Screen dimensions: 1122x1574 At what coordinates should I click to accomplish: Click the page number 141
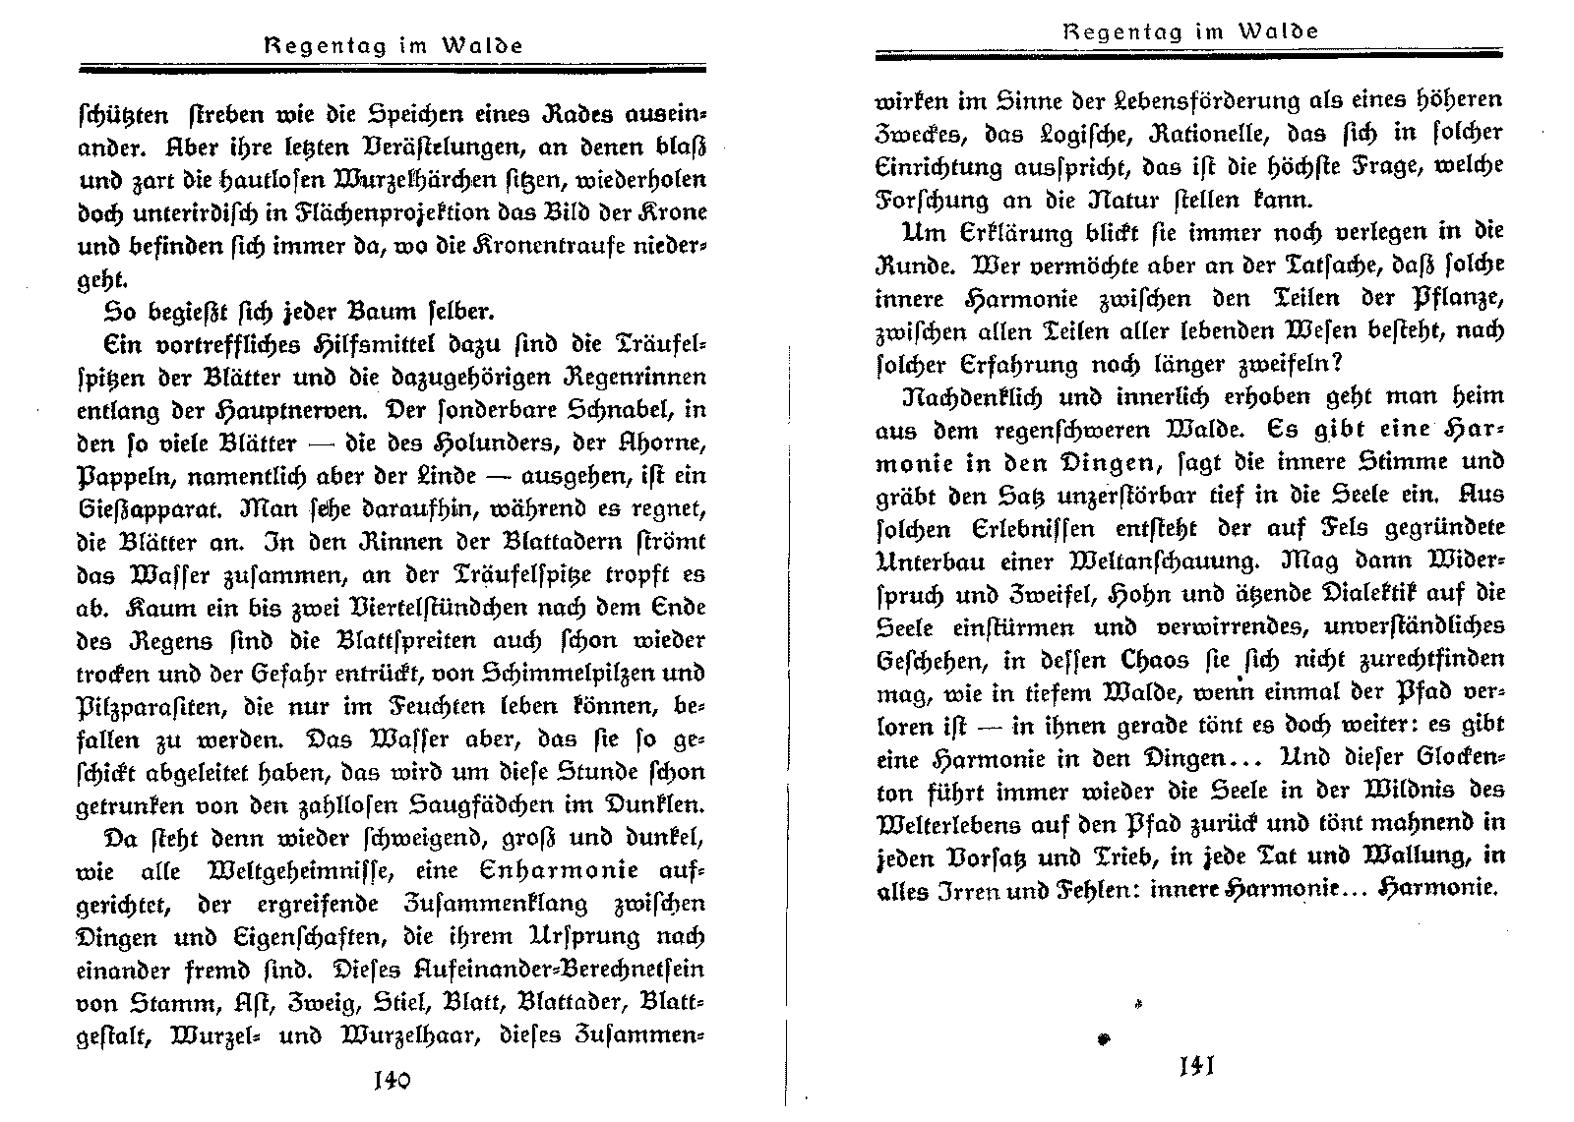point(1197,1065)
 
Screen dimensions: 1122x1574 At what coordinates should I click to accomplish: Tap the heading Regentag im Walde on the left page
point(392,45)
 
